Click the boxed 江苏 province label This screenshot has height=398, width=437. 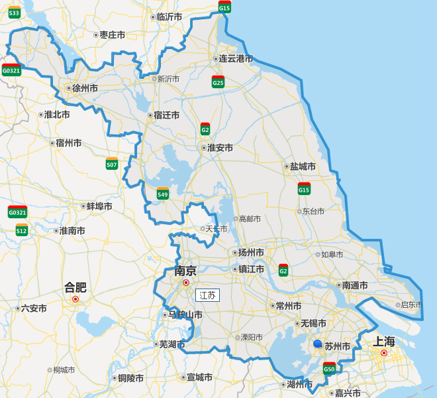click(x=207, y=295)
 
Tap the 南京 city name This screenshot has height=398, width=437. click(x=185, y=271)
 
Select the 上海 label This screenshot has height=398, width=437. click(x=383, y=342)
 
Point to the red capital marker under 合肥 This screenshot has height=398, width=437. click(x=75, y=299)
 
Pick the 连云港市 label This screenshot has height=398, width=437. click(x=236, y=58)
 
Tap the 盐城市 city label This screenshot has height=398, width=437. click(x=303, y=166)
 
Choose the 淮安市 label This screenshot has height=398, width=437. click(x=220, y=147)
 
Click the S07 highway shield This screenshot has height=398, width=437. click(x=112, y=164)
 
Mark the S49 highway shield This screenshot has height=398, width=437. click(x=163, y=194)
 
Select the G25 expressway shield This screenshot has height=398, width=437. click(x=218, y=82)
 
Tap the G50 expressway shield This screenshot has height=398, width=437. click(x=329, y=368)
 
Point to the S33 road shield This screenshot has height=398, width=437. click(x=15, y=12)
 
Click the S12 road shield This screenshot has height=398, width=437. click(x=22, y=230)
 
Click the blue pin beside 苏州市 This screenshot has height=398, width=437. click(x=318, y=344)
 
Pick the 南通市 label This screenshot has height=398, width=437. click(x=355, y=285)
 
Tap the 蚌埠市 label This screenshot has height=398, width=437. click(x=99, y=206)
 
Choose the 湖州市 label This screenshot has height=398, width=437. click(x=299, y=384)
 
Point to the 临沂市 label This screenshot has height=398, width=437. click(x=169, y=17)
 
